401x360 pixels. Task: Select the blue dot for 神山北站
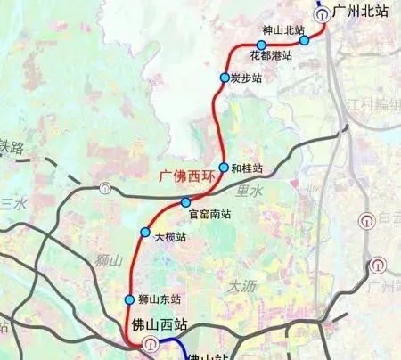click(304, 40)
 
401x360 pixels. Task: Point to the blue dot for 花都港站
click(261, 45)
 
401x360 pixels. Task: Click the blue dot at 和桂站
click(223, 168)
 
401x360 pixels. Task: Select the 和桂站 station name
click(247, 168)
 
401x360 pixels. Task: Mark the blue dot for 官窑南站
click(185, 201)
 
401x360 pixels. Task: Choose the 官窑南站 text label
click(210, 215)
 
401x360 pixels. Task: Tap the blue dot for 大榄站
click(146, 233)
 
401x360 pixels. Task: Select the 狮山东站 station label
click(161, 299)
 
